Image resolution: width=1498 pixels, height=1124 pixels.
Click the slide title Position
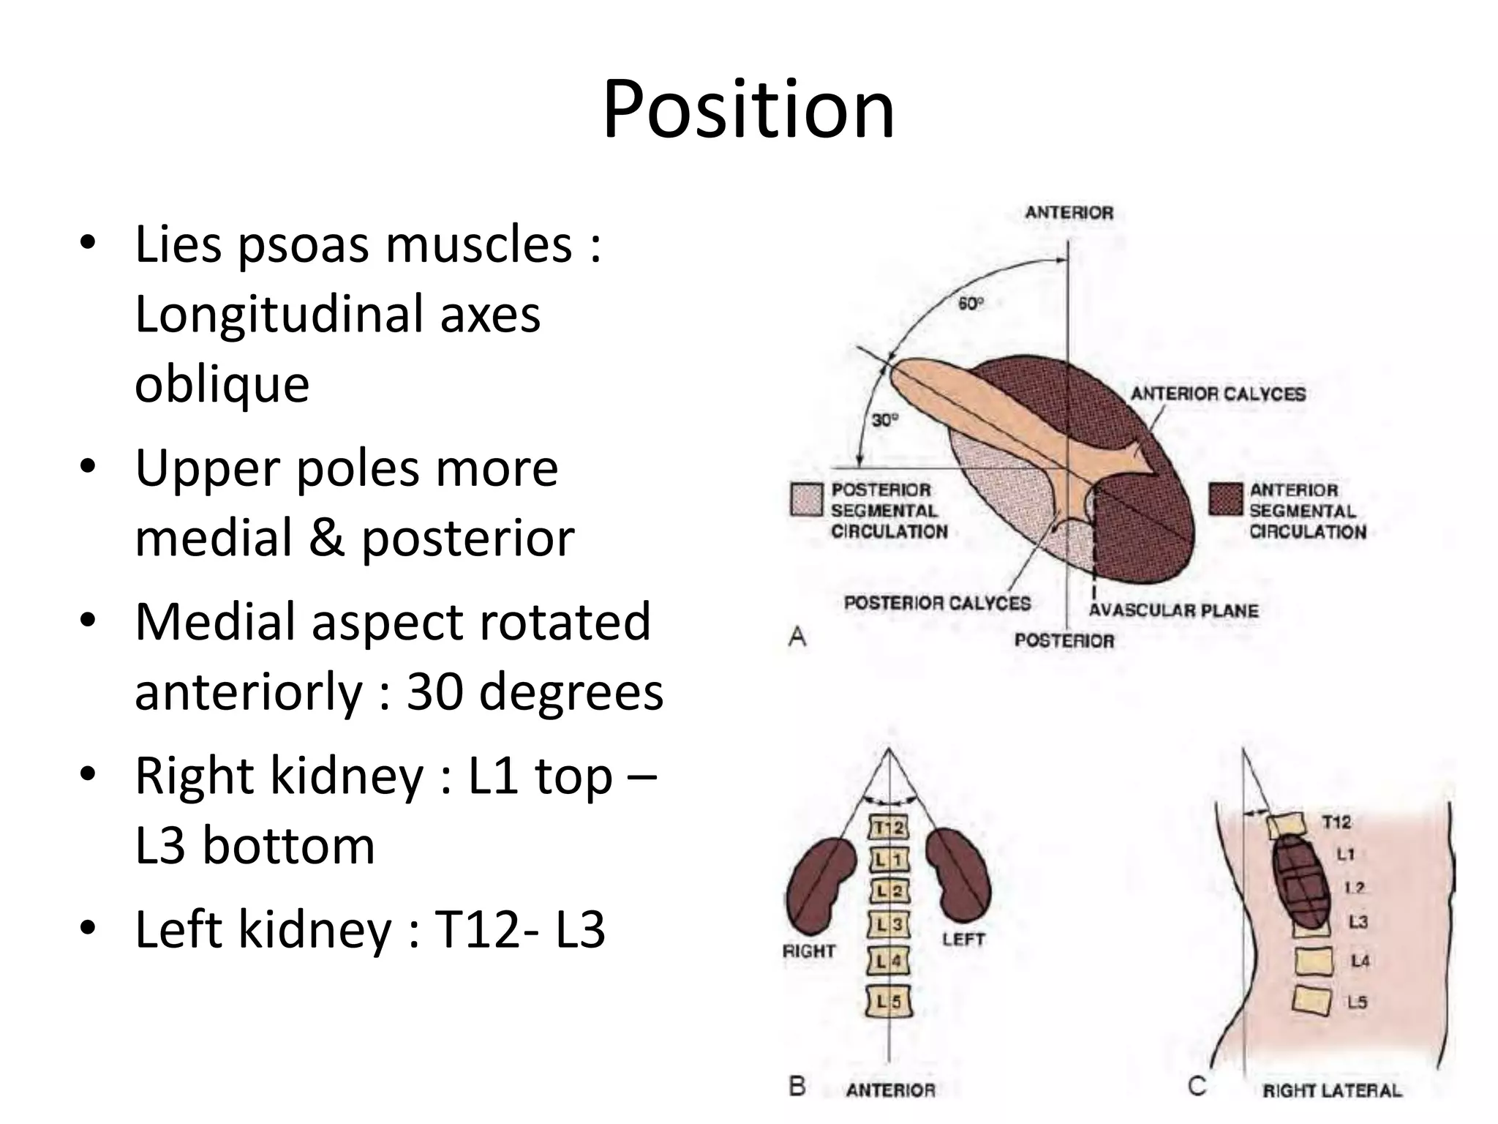pyautogui.click(x=748, y=110)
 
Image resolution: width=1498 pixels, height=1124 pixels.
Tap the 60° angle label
pyautogui.click(x=971, y=303)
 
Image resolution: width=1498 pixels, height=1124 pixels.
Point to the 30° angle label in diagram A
pyautogui.click(x=884, y=421)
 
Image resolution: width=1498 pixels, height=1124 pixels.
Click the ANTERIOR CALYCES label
pyautogui.click(x=1218, y=394)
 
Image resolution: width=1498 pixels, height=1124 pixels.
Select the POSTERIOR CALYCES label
pyautogui.click(x=937, y=603)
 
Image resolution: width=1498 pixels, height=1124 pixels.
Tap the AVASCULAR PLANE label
pyautogui.click(x=1173, y=610)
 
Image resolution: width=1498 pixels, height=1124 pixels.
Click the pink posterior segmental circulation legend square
pyautogui.click(x=807, y=500)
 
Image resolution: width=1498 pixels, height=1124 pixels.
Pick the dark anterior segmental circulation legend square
pyautogui.click(x=1225, y=500)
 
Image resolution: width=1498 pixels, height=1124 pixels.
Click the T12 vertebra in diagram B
pyautogui.click(x=889, y=828)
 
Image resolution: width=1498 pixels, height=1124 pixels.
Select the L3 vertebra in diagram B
pyautogui.click(x=889, y=925)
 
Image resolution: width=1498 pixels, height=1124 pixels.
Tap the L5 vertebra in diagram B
pyautogui.click(x=889, y=1001)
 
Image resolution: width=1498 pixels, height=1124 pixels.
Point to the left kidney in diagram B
pyautogui.click(x=958, y=874)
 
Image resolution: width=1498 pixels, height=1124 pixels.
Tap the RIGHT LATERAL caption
pyautogui.click(x=1331, y=1090)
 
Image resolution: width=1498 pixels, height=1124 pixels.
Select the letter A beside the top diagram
pyautogui.click(x=797, y=637)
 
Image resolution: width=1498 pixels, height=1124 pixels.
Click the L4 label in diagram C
pyautogui.click(x=1360, y=961)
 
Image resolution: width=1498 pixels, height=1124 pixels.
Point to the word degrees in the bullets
pyautogui.click(x=571, y=692)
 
